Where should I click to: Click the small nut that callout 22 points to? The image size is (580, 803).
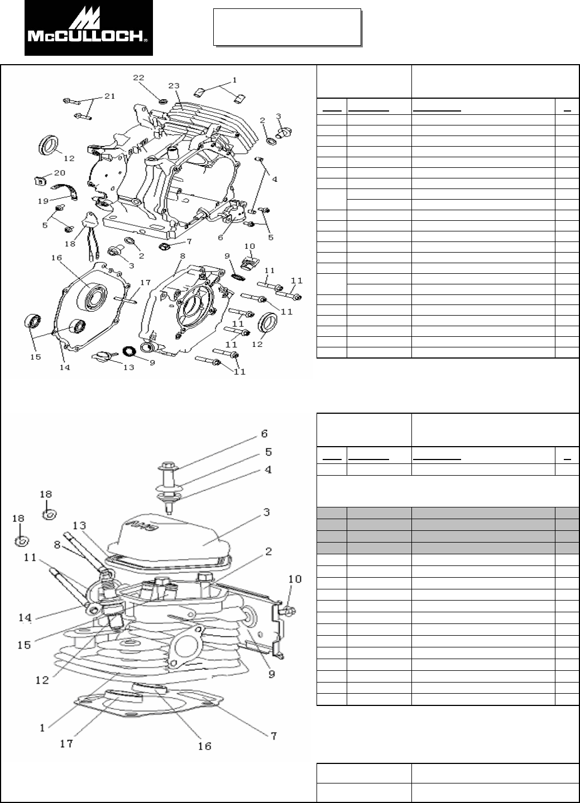[161, 101]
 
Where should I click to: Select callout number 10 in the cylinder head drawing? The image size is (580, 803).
[294, 579]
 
